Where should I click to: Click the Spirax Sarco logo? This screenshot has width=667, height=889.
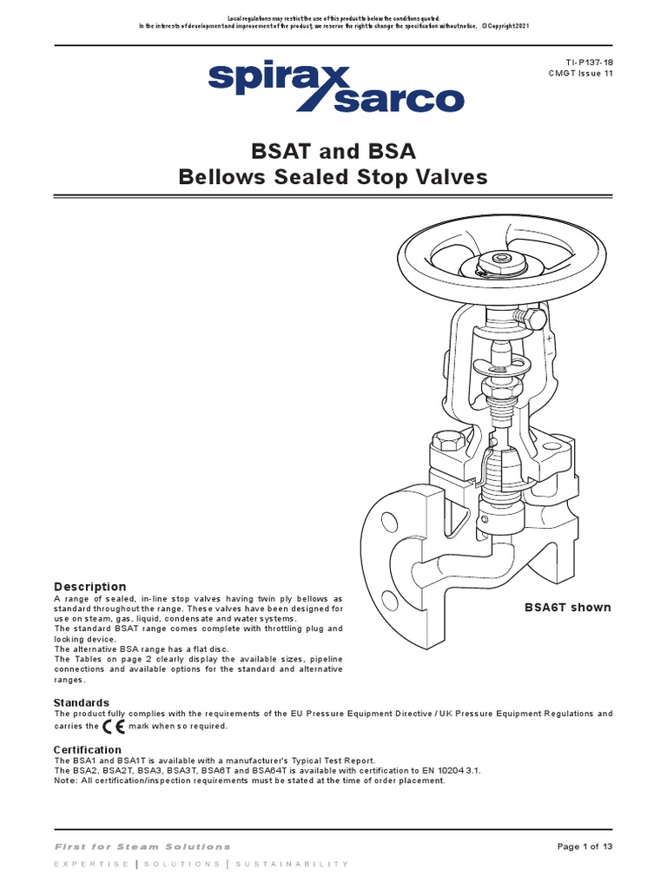334,87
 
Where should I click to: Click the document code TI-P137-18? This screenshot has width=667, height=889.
589,63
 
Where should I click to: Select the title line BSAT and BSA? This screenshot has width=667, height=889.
333,152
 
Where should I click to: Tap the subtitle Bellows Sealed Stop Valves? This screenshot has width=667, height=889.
333,178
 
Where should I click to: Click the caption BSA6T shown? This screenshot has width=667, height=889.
567,608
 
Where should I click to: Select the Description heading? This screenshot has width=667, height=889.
89,587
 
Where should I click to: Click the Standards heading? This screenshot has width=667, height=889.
82,702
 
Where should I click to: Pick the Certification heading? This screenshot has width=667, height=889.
88,749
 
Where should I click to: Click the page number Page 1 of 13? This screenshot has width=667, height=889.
584,846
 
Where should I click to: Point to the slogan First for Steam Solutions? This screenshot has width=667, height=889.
142,846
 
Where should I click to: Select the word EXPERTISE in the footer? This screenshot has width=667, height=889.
91,865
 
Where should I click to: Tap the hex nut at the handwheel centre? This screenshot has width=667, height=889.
501,259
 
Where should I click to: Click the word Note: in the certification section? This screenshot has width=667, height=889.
66,780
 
